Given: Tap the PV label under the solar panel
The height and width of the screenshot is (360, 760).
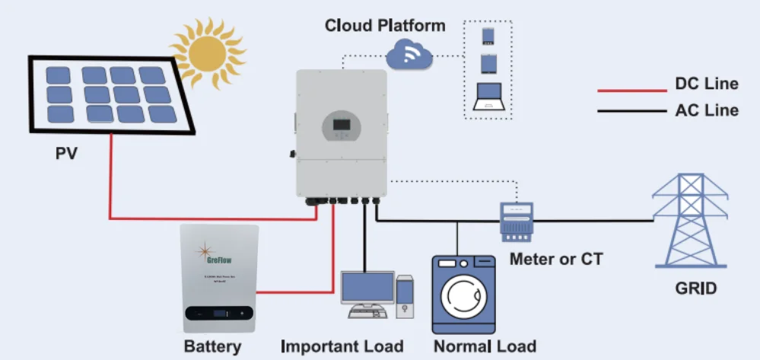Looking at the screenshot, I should coord(66,155).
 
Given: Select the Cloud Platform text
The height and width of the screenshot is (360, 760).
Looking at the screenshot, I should coord(385,25).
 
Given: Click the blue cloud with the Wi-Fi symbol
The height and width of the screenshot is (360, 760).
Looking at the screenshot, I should coord(409,55).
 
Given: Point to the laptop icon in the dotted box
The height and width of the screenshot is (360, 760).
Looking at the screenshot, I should coord(488,97).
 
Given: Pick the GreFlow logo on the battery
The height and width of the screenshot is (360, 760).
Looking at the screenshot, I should coord(218,253).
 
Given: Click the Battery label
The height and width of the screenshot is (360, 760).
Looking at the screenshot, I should coord(212,347).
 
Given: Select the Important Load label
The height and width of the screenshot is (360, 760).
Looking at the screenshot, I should coord(342,347).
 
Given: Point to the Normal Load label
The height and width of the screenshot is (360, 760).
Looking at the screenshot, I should coord(485,347).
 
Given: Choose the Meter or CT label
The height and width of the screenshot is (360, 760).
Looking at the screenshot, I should coord(555,260).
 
